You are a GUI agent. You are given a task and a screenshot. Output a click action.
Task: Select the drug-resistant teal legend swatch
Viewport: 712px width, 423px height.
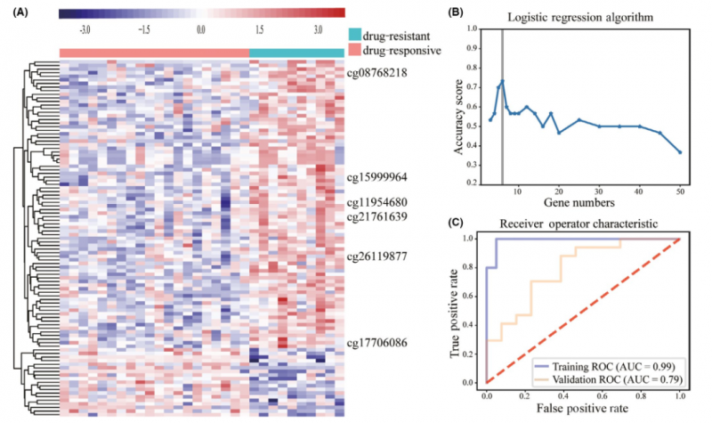pos(356,35)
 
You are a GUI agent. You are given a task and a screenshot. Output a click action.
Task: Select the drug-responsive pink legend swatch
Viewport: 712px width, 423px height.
pos(356,51)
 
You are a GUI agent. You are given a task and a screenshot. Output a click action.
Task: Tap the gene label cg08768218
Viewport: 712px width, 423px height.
pos(376,72)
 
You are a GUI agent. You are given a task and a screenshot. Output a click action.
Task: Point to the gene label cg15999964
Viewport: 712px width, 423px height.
pos(376,177)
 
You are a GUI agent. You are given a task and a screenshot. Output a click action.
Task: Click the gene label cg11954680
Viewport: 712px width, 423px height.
pos(376,202)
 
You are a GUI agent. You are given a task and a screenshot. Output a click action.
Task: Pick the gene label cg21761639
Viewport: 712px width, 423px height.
pos(376,216)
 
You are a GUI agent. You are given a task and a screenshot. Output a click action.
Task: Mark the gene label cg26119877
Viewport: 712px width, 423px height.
pos(376,256)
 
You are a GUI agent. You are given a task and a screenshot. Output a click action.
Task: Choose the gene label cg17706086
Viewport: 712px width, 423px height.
pos(376,342)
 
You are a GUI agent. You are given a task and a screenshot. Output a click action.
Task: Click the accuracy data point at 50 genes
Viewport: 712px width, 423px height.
pos(680,152)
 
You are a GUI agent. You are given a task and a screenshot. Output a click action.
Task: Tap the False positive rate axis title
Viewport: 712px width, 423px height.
pos(583,411)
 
